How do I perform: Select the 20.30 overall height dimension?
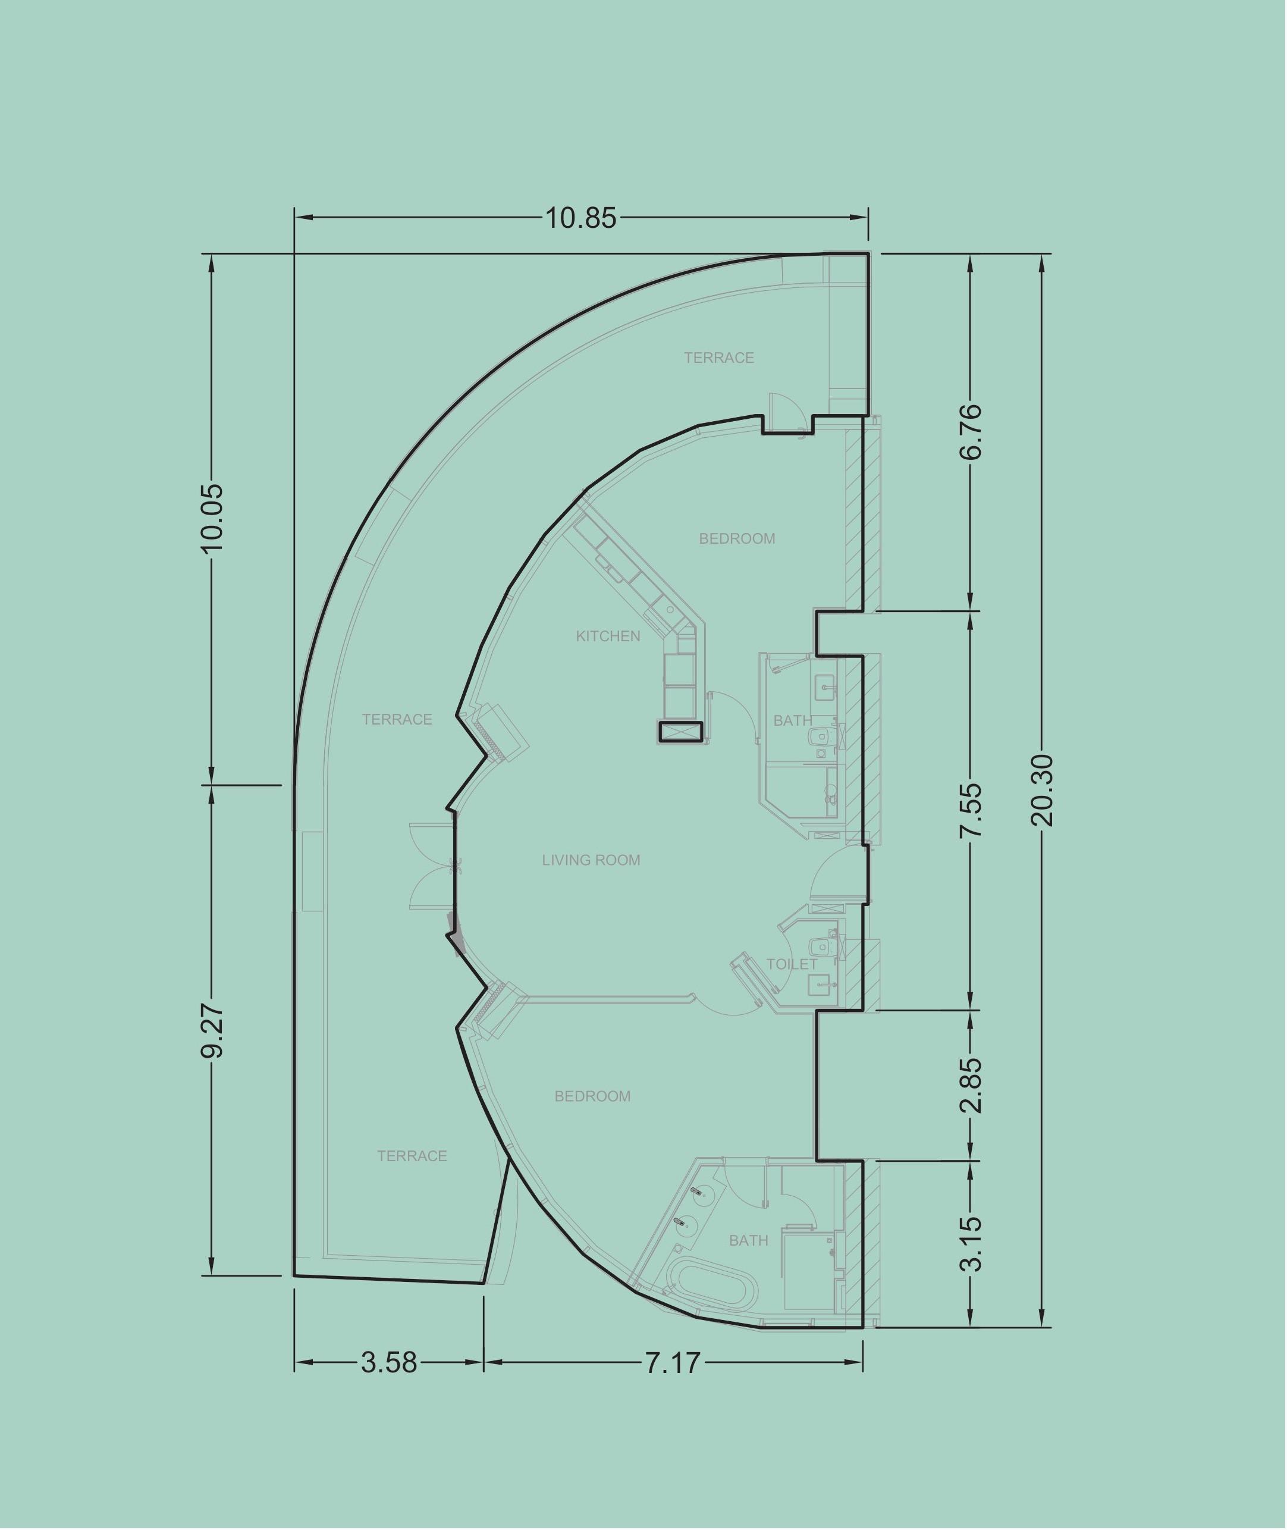pos(1043,790)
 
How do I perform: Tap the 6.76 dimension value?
pos(971,431)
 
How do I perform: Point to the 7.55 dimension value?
pos(971,811)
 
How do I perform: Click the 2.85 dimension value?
pos(971,1085)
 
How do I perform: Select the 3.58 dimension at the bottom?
pos(389,1362)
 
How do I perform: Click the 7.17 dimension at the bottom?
pos(672,1362)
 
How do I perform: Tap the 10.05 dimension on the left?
pos(212,518)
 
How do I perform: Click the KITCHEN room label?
pos(608,637)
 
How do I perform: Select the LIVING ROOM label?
pos(591,860)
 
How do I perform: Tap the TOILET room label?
pos(792,964)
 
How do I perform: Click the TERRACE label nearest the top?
pos(718,358)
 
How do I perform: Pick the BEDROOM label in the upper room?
pos(737,539)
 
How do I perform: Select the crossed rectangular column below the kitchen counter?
pos(680,732)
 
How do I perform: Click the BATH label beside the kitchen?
pos(793,721)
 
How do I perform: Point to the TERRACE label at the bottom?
pos(412,1156)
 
